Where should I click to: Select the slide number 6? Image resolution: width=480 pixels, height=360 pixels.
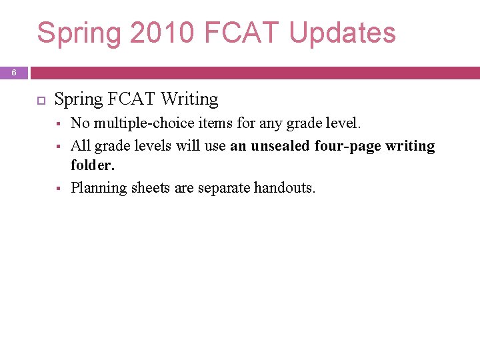14,73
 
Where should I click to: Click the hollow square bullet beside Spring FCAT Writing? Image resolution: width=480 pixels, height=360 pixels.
39,100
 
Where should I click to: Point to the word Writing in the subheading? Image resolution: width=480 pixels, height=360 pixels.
189,99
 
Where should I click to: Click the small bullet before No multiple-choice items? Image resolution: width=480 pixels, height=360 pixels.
59,124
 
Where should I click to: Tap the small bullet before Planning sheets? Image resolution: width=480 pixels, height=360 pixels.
59,189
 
